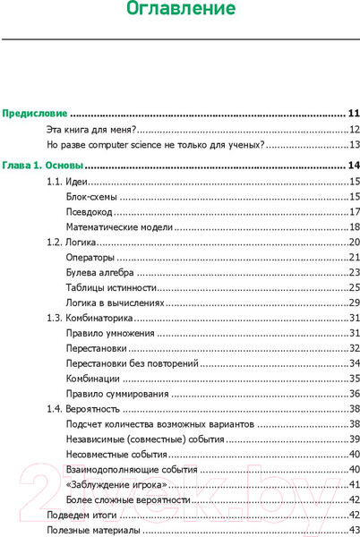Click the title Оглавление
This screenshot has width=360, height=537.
181,12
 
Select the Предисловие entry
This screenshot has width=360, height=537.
35,114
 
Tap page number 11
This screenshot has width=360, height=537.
353,114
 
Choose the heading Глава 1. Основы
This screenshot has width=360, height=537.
42,166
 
